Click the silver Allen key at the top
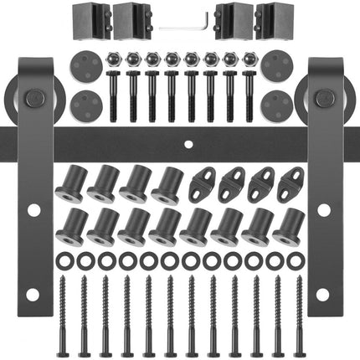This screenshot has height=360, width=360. (182, 26)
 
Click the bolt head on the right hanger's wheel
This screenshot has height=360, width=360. (321, 100)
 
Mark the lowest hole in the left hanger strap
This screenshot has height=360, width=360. (33, 295)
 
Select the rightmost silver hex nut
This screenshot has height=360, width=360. (249, 60)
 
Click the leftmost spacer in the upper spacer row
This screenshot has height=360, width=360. (69, 184)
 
